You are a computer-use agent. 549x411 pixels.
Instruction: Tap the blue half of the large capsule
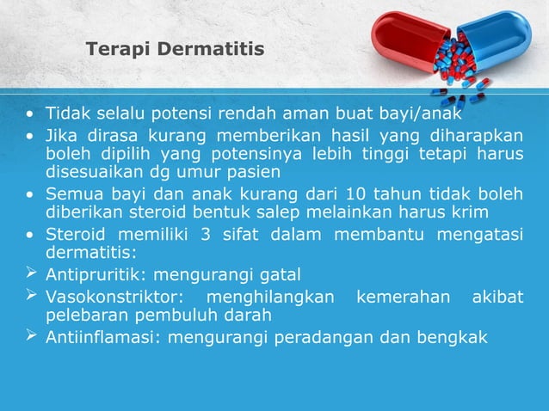[495, 38]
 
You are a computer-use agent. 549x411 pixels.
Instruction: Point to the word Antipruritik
[89, 275]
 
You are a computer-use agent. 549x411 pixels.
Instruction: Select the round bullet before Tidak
[31, 114]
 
